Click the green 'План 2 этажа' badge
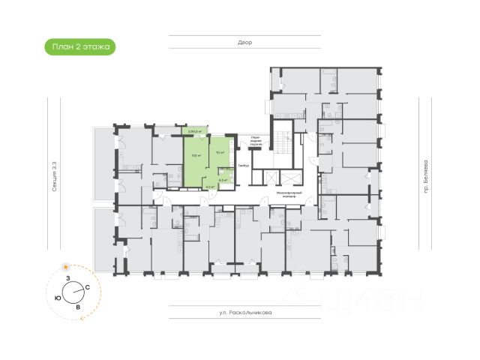click(79, 46)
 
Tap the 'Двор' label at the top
click(247, 43)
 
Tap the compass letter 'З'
click(67, 278)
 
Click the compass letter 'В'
click(77, 307)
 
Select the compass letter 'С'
click(88, 288)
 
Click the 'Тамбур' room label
click(243, 166)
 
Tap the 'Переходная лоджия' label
click(256, 141)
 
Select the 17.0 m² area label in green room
click(195, 156)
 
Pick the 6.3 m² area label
click(222, 180)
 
